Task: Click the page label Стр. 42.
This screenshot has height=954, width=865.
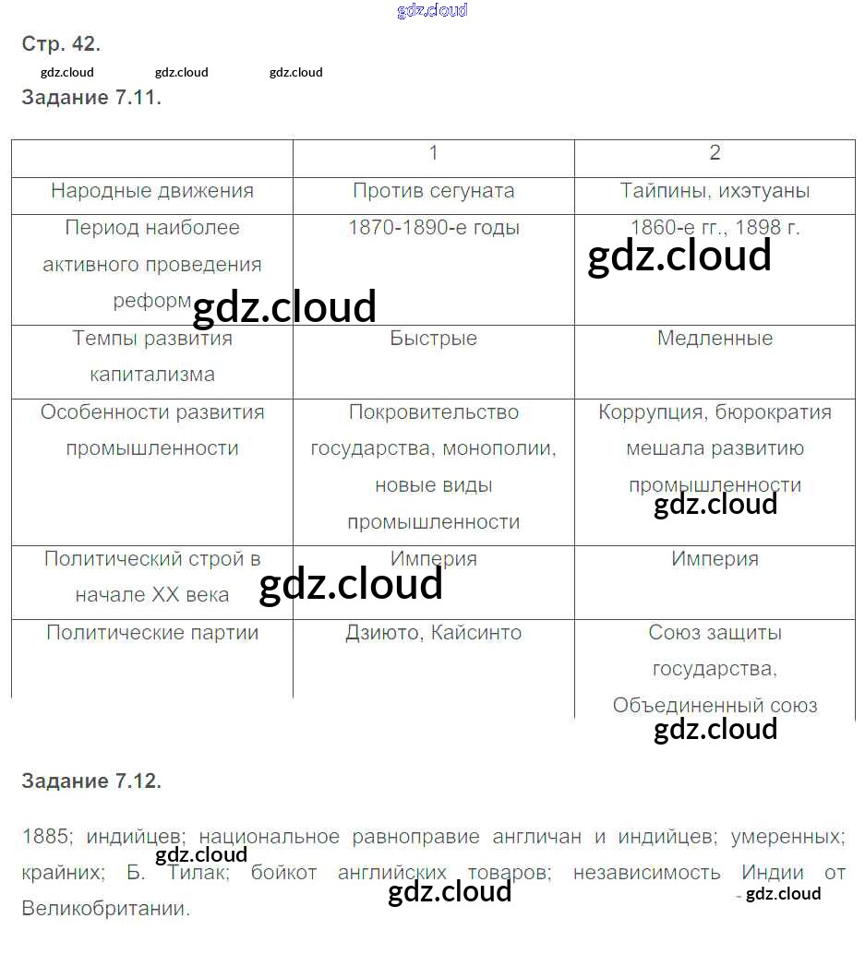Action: [x=61, y=43]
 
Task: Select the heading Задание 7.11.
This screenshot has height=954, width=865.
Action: [x=91, y=98]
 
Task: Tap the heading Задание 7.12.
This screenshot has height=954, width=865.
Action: [x=91, y=781]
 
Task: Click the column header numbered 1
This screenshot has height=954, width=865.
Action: [x=433, y=153]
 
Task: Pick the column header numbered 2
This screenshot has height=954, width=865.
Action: [x=715, y=153]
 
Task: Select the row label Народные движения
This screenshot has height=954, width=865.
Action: [x=152, y=191]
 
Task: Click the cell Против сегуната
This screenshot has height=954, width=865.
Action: [x=433, y=191]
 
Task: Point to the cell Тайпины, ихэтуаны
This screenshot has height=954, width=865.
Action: [x=715, y=191]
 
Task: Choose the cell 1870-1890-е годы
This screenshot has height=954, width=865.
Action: [x=433, y=228]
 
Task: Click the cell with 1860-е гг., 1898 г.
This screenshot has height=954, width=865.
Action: [x=715, y=228]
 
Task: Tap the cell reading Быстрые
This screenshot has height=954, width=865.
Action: [x=433, y=339]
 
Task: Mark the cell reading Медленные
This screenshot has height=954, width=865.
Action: [x=715, y=339]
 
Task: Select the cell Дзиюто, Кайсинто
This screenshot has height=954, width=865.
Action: [x=433, y=633]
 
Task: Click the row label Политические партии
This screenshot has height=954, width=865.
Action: [x=152, y=633]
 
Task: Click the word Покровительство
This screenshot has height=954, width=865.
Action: [x=433, y=412]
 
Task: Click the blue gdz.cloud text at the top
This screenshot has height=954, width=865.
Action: [x=432, y=10]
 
